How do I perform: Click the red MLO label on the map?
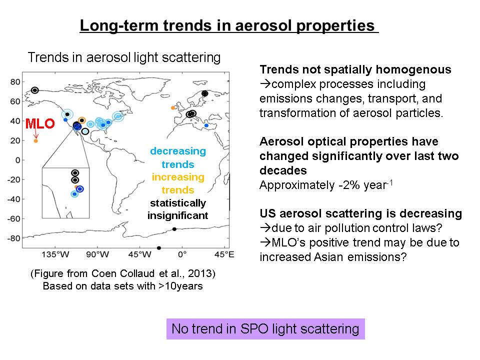coord(40,123)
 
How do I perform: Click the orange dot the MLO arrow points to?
coord(36,141)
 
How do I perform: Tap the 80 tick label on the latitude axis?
coord(15,81)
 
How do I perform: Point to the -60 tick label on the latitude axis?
coord(14,218)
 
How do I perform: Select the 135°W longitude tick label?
coord(55,254)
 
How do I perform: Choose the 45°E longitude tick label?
coord(224,254)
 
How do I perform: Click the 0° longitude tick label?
coord(182,254)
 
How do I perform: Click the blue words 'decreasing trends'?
coord(178,157)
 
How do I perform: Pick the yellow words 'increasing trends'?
coord(178,183)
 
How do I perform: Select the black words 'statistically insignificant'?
coord(178,209)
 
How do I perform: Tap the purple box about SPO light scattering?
coord(265,329)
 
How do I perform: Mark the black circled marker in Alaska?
coord(35,90)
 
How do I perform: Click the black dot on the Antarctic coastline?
coord(174,229)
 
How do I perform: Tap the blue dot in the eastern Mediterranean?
coord(206,125)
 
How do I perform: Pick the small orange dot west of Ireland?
coord(173,108)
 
